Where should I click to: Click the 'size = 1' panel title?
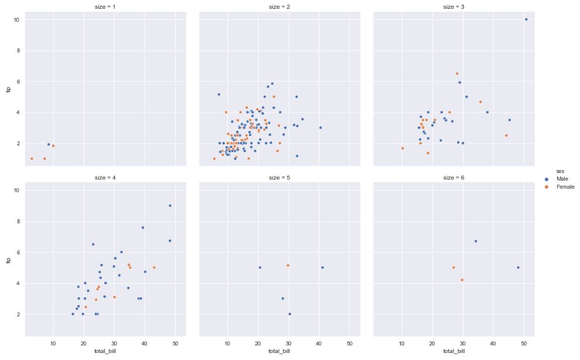click(105, 7)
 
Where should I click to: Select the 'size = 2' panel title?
click(280, 7)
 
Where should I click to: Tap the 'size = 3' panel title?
click(454, 7)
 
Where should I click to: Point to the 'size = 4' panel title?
click(105, 178)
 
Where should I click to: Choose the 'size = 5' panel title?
click(280, 178)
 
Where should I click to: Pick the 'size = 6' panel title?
click(454, 178)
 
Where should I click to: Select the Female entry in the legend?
click(563, 187)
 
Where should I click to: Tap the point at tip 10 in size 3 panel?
click(526, 19)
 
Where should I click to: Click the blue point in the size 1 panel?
click(49, 144)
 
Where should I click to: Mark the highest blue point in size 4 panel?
click(170, 206)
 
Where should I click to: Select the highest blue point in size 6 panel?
click(476, 241)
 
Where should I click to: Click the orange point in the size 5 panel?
click(288, 266)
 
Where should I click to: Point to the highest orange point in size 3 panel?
click(457, 74)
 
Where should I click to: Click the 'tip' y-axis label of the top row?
click(8, 89)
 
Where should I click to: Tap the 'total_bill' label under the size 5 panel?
click(280, 351)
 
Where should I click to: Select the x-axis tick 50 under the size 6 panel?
click(523, 342)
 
